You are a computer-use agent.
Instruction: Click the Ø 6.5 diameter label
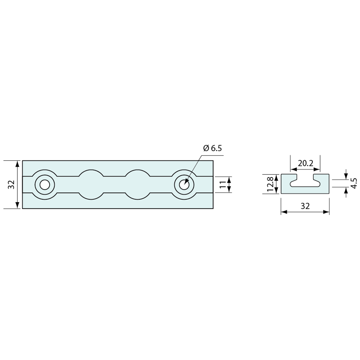pyautogui.click(x=212, y=148)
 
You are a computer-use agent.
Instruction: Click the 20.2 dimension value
pyautogui.click(x=305, y=163)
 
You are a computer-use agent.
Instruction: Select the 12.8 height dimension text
pyautogui.click(x=270, y=184)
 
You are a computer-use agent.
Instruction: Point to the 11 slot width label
pyautogui.click(x=223, y=184)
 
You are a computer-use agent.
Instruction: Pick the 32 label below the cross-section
pyautogui.click(x=305, y=206)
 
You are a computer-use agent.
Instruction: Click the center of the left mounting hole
pyautogui.click(x=45, y=185)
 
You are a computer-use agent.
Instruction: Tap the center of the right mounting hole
pyautogui.click(x=184, y=185)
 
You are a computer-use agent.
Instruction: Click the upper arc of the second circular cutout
pyautogui.click(x=91, y=171)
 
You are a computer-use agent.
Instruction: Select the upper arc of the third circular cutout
pyautogui.click(x=138, y=171)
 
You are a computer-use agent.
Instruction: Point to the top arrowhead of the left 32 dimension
pyautogui.click(x=17, y=163)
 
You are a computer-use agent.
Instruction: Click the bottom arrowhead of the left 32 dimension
pyautogui.click(x=17, y=206)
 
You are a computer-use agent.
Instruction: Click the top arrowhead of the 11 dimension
pyautogui.click(x=229, y=179)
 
